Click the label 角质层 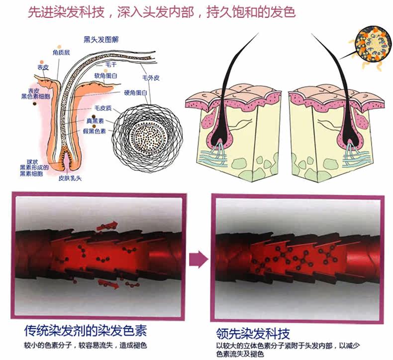(x=61, y=52)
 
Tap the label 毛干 (x=110, y=65)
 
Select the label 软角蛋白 (x=105, y=76)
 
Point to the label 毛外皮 (x=150, y=78)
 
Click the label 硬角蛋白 (x=136, y=93)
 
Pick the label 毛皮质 (x=103, y=108)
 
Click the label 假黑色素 (x=95, y=131)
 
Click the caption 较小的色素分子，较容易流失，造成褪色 (x=86, y=345)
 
